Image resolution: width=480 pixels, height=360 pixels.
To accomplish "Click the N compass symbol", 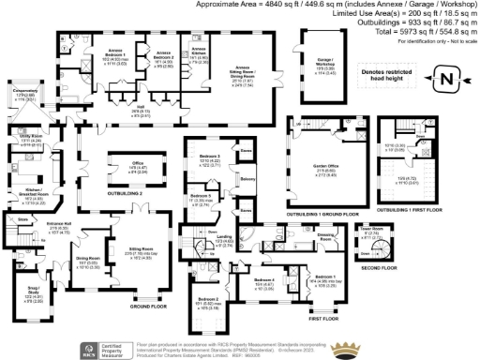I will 446,79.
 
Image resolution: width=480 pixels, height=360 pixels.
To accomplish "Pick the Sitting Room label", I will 149,252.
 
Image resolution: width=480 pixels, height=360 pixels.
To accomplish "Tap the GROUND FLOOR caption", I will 146,307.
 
